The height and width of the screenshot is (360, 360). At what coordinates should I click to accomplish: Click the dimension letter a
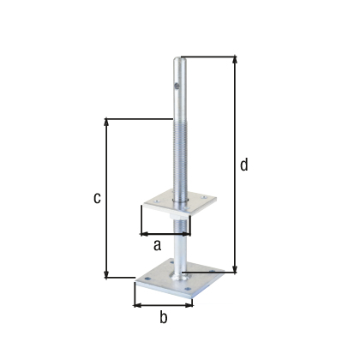click(x=157, y=244)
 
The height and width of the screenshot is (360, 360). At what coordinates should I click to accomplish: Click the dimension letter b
click(x=164, y=318)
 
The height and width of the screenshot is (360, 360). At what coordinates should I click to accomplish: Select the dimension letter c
click(x=98, y=198)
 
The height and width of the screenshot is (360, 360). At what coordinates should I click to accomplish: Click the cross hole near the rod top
click(x=176, y=84)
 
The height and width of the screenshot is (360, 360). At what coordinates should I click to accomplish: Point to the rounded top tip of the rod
click(x=179, y=59)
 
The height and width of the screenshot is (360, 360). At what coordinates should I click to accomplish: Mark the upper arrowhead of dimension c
click(x=106, y=121)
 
